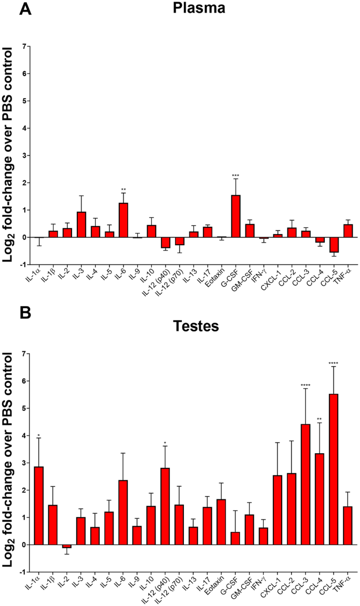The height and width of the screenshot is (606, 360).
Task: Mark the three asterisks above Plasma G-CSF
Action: pyautogui.click(x=236, y=175)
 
